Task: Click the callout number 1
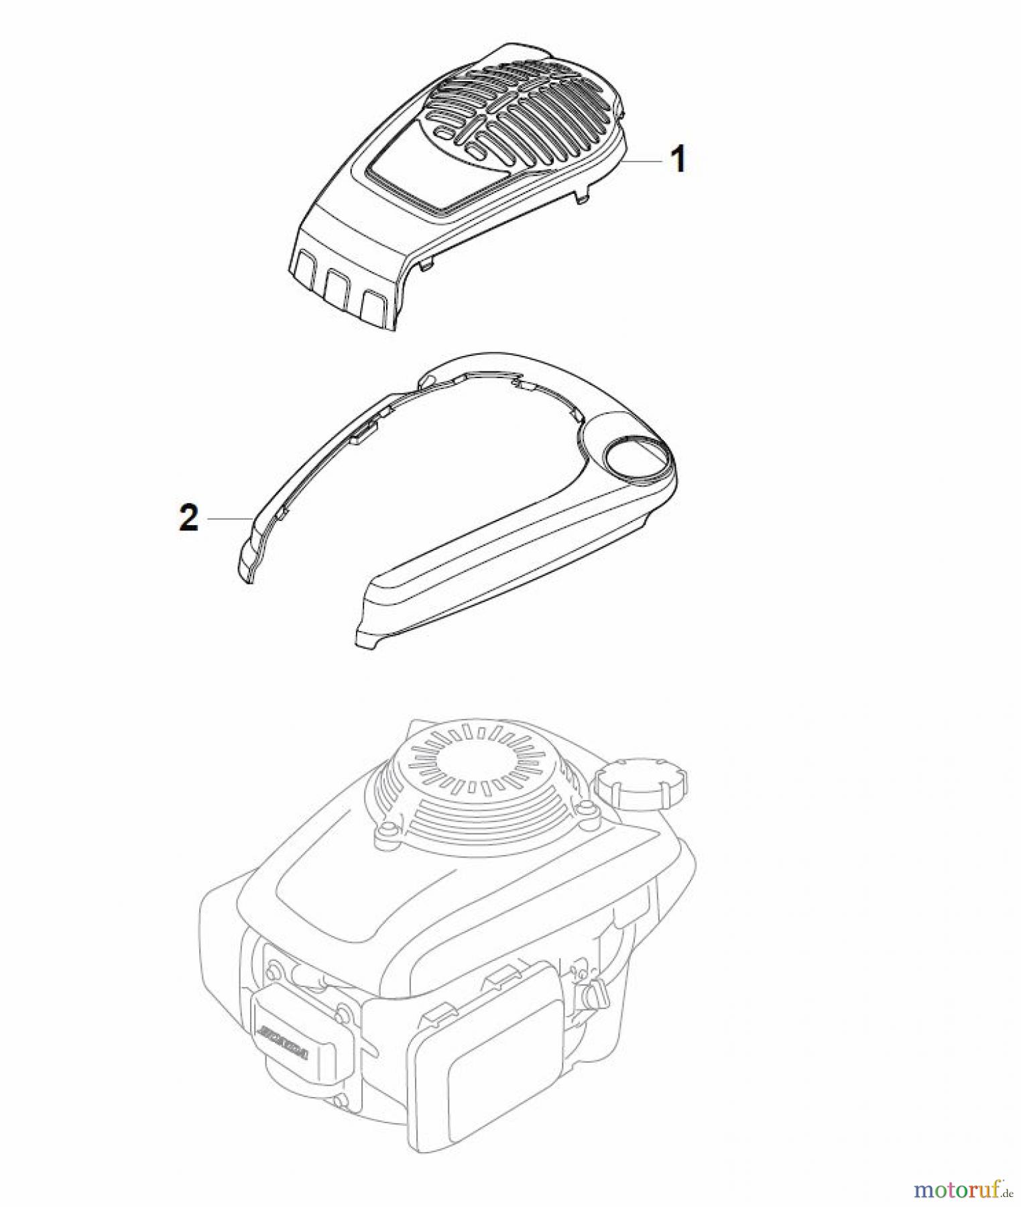pos(678,160)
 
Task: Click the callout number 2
pos(189,518)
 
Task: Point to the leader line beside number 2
pos(230,518)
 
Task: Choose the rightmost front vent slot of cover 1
pos(371,306)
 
